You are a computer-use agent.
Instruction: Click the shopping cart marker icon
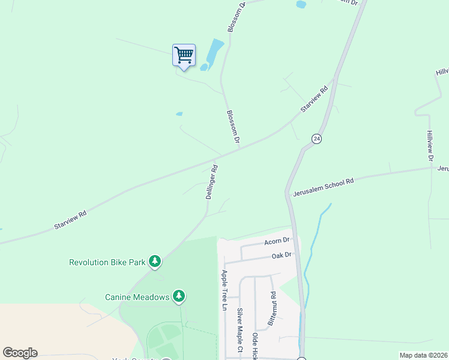[184, 56]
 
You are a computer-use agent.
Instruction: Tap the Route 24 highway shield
[316, 139]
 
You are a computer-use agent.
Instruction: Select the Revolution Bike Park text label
[108, 262]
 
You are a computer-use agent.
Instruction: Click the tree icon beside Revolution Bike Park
[155, 261]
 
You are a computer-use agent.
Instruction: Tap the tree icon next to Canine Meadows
[178, 295]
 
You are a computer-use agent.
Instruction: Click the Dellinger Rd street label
[211, 182]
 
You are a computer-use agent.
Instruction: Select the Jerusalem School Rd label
[324, 186]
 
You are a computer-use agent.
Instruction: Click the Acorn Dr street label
[277, 241]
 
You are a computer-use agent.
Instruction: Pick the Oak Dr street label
[281, 255]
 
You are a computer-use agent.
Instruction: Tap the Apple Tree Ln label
[224, 290]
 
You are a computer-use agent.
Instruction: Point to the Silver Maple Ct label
[240, 329]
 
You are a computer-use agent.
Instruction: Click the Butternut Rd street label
[273, 305]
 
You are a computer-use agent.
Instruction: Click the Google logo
[20, 353]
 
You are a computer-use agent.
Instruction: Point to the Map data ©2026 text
[423, 355]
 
